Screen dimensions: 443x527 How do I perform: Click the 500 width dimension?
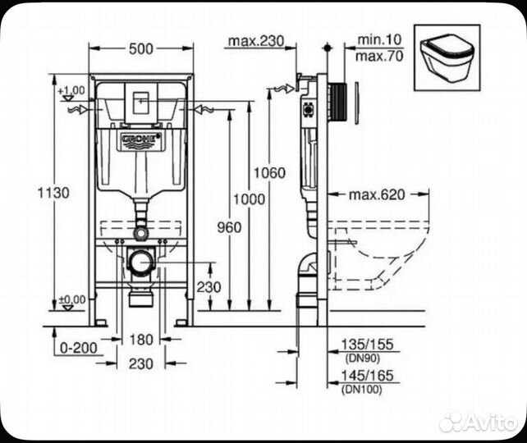pos(140,49)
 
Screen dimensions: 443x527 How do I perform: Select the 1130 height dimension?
pos(53,192)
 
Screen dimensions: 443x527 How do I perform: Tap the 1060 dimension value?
pos(269,172)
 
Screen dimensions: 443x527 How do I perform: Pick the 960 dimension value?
pos(230,227)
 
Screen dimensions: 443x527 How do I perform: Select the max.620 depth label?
pos(378,194)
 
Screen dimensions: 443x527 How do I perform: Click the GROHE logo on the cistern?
pos(140,139)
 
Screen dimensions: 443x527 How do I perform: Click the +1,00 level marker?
pos(72,89)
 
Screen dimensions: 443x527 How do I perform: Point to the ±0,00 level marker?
pos(72,299)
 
